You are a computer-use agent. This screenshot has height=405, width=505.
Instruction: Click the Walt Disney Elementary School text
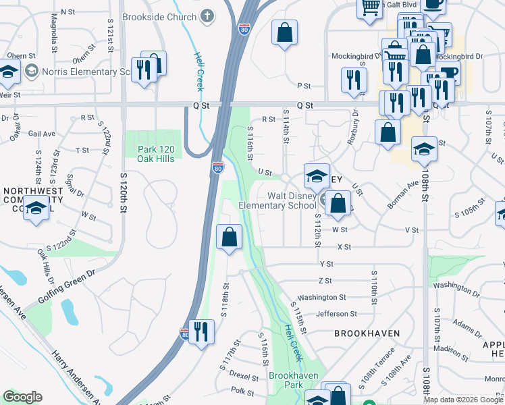[x=277, y=200]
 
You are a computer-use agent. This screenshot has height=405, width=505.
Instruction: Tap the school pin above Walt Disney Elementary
[x=316, y=177]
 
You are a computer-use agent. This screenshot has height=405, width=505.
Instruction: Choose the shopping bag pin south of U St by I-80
[x=229, y=238]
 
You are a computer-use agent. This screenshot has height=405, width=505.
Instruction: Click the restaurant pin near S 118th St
[x=201, y=333]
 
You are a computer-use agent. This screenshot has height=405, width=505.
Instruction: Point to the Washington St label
[x=321, y=297]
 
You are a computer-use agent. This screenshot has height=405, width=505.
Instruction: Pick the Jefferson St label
[x=336, y=314]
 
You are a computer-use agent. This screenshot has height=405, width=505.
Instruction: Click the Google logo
[x=22, y=398]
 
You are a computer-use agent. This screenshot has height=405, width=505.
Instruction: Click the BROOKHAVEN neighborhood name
[x=367, y=333]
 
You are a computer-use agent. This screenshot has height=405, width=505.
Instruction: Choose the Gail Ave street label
[x=41, y=134]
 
